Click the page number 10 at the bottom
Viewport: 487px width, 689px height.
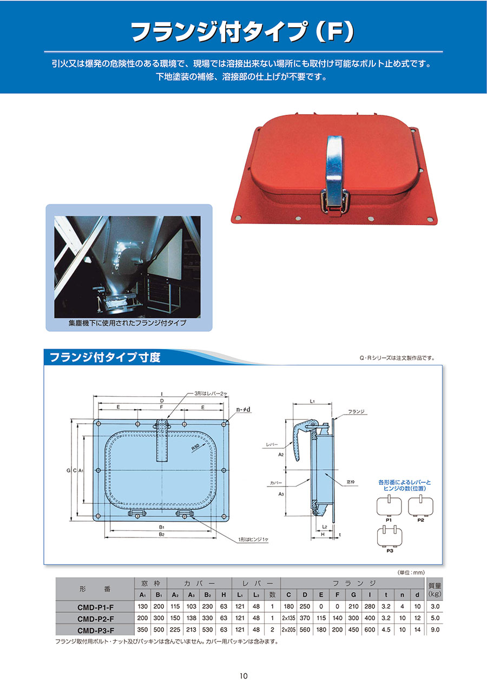243,676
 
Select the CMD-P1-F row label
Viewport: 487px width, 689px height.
96,607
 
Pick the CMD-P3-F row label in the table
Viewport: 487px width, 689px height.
96,631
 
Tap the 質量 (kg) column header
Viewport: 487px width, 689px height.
435,589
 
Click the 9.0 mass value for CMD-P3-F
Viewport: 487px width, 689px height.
435,629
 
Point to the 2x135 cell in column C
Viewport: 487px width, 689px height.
288,618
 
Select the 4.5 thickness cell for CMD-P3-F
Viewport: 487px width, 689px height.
386,629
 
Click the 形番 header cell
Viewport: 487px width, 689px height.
95,589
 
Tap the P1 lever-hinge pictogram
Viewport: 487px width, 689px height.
389,506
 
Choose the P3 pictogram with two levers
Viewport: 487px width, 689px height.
390,536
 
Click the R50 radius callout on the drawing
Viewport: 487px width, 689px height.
195,447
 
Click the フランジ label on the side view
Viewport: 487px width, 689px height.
356,411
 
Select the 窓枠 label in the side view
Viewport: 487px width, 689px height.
351,482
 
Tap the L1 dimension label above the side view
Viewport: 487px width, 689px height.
312,401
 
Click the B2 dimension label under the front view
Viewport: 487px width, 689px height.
162,534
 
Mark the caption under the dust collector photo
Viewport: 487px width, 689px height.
127,323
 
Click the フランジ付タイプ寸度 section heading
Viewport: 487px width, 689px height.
105,357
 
